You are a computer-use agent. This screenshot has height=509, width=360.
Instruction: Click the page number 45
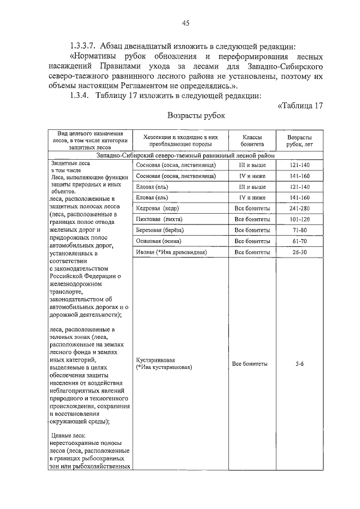pyautogui.click(x=185, y=23)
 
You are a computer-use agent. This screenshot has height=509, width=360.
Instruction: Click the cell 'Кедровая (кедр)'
pyautogui.click(x=155, y=208)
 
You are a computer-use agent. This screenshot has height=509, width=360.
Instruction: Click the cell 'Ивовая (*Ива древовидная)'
pyautogui.click(x=172, y=252)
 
